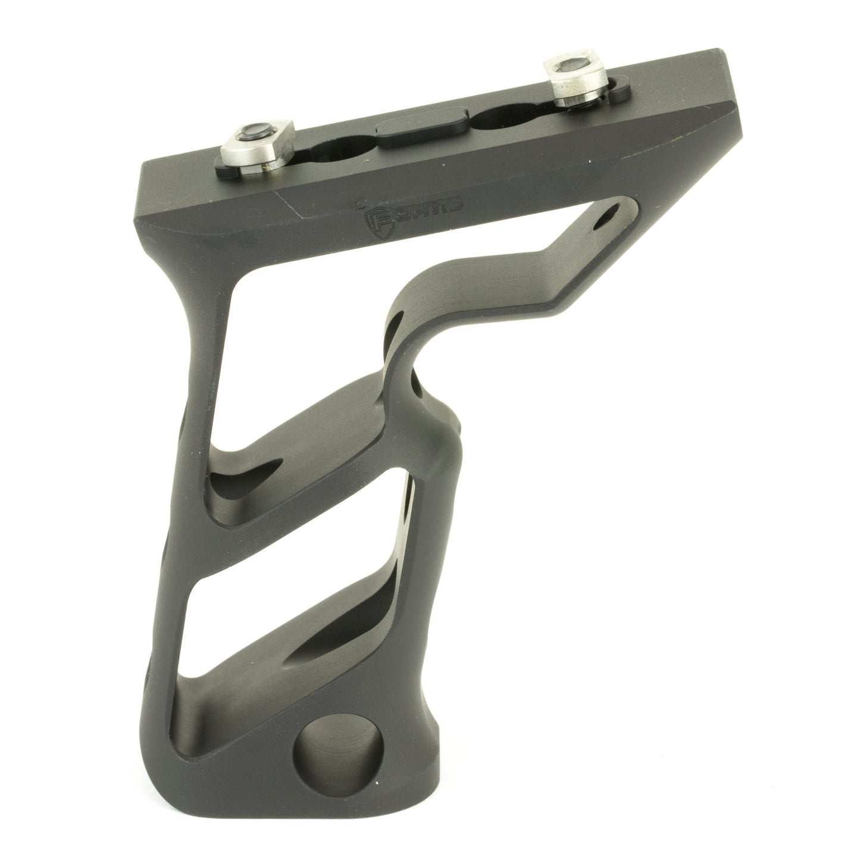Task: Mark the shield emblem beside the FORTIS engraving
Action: pyautogui.click(x=374, y=220)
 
